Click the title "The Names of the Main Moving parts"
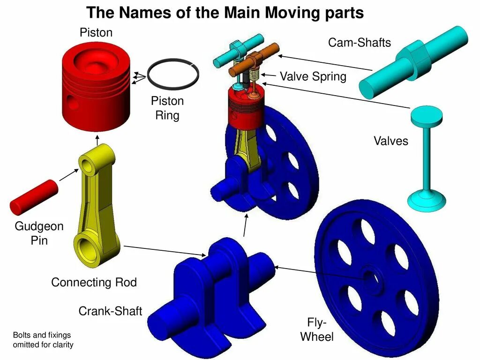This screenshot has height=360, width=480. coord(225,13)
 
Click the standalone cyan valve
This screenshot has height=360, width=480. coord(427,155)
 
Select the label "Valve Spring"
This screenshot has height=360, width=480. coord(313,76)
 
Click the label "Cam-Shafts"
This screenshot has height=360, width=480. coord(359,43)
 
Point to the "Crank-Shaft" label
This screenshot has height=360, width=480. coord(110,311)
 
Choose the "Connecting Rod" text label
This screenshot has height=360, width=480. coord(94,282)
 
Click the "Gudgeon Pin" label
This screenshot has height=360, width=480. coord(39,233)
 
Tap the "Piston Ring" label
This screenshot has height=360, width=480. coord(167,108)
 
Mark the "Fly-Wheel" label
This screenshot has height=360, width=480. coord(317,330)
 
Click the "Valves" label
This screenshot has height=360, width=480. coord(390,141)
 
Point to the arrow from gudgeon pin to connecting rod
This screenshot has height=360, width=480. coord(69,174)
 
